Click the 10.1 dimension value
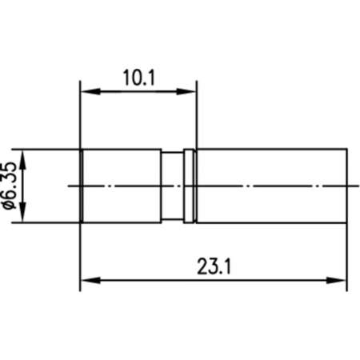click(138, 77)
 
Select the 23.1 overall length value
click(213, 267)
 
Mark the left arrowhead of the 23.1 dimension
click(86, 280)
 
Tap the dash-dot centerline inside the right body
click(272, 186)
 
